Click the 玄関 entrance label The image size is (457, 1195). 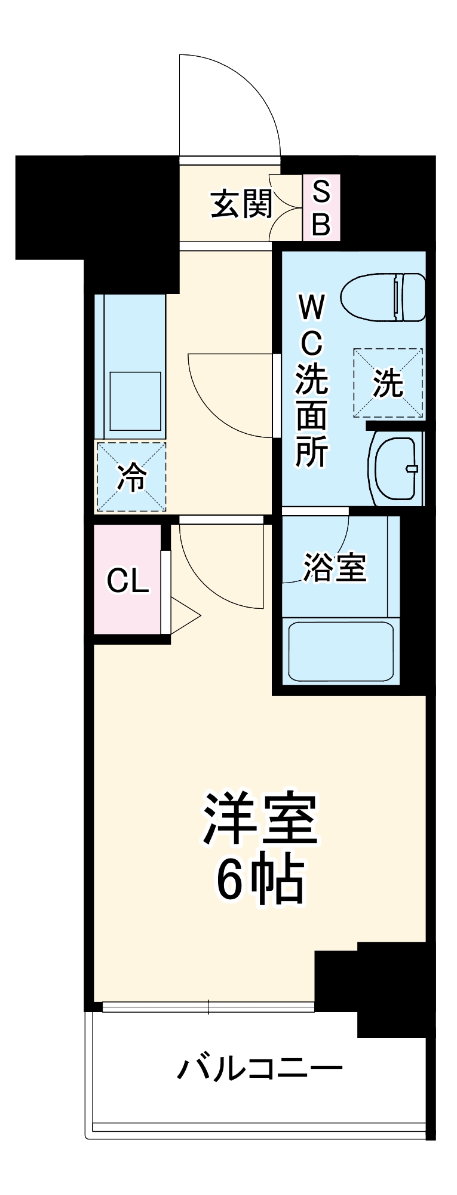click(x=241, y=204)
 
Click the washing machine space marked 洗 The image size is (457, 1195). click(x=388, y=383)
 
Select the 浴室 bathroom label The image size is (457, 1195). click(x=335, y=567)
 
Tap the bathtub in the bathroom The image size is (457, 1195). click(x=341, y=651)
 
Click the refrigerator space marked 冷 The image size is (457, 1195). click(x=131, y=477)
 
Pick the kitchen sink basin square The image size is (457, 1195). click(x=135, y=400)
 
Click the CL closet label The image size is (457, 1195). click(x=127, y=580)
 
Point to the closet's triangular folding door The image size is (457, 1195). click(x=183, y=615)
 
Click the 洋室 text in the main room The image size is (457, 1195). click(x=260, y=819)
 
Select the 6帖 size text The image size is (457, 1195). click(x=260, y=881)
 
